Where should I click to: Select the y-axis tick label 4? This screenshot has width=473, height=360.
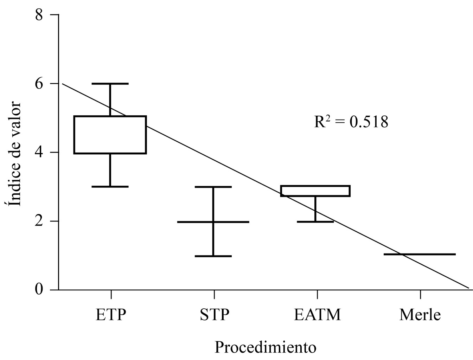click(41, 153)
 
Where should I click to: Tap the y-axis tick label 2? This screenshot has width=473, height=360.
click(41, 221)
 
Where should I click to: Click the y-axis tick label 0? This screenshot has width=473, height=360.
click(41, 290)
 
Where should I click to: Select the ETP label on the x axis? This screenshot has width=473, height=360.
click(110, 314)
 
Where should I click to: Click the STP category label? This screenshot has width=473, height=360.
click(214, 314)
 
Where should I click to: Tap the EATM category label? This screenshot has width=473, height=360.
click(317, 314)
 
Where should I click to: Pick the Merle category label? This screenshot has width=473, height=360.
click(420, 314)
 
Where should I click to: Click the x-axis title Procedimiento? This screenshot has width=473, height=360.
click(266, 347)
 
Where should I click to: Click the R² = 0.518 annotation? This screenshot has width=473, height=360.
click(351, 122)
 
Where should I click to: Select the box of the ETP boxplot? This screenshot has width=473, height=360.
click(110, 135)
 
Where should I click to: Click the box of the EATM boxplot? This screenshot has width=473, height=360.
click(315, 191)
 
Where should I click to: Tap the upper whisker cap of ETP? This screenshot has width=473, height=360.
click(110, 84)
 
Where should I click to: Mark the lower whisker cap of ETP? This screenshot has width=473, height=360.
click(110, 186)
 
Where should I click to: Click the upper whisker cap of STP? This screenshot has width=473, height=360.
click(213, 187)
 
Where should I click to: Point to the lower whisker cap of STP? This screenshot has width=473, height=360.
click(213, 256)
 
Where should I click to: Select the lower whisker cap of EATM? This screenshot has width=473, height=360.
click(315, 221)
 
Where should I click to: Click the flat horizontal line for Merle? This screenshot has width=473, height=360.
click(420, 254)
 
